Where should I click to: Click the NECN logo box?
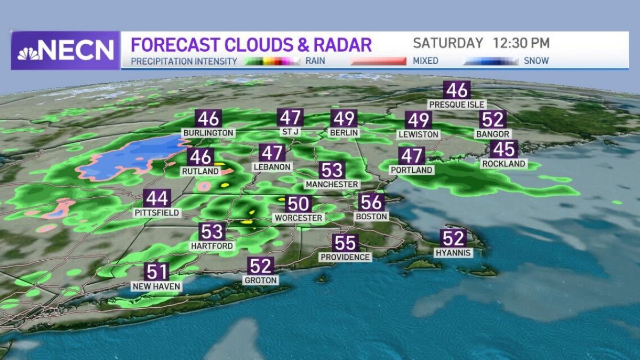click(x=65, y=50)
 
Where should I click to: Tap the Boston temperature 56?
click(x=371, y=202)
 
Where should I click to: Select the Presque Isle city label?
click(x=457, y=105)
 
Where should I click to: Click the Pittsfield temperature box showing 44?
click(x=157, y=198)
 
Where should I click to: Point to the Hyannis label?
click(x=453, y=253)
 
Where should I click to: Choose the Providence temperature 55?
click(x=345, y=243)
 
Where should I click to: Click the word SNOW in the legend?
click(x=536, y=61)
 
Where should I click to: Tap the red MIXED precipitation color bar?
click(x=378, y=61)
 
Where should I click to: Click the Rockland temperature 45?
click(x=503, y=149)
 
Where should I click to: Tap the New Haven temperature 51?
click(x=157, y=272)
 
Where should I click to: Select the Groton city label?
click(x=261, y=280)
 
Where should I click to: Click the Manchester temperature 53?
click(x=332, y=170)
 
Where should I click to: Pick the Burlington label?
click(x=208, y=132)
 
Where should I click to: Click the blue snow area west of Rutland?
click(x=133, y=157)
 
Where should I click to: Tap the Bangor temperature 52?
click(x=492, y=119)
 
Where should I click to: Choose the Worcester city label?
click(x=298, y=218)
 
